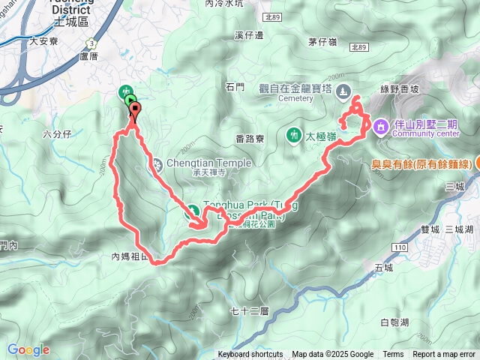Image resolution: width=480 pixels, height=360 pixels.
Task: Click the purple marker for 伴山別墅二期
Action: pos(380,126)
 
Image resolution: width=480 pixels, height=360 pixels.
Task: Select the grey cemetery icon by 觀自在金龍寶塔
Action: pos(343,91)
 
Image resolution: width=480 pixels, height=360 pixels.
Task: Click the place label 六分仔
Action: pos(56,134)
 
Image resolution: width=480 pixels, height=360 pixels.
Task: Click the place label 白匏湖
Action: pos(394,322)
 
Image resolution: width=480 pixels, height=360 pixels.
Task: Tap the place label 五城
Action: pos(382,266)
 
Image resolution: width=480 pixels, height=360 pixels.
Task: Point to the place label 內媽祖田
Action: pos(131,256)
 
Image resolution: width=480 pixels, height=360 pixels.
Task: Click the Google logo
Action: pos(28,349)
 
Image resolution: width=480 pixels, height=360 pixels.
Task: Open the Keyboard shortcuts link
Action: pos(250,355)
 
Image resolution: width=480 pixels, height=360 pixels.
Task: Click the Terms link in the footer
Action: pos(393,355)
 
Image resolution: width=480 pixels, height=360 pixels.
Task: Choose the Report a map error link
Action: pos(445,355)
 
